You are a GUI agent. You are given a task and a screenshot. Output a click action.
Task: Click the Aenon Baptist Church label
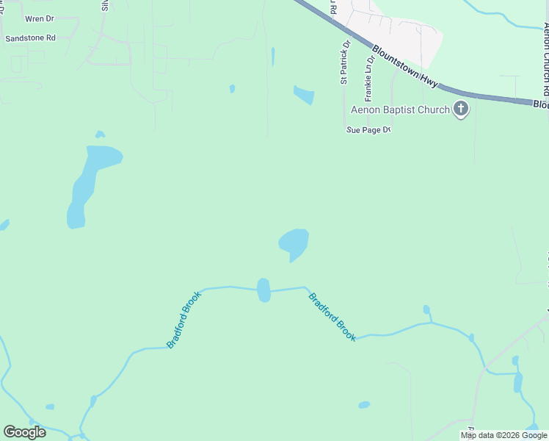(x=399, y=110)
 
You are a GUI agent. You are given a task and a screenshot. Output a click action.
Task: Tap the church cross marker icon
(x=461, y=110)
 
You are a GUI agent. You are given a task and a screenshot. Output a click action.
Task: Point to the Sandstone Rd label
(x=30, y=38)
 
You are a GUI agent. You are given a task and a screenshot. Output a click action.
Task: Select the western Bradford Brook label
(x=183, y=319)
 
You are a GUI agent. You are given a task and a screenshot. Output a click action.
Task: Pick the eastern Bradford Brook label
(x=332, y=317)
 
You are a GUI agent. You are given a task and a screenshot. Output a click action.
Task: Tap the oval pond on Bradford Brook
(x=263, y=290)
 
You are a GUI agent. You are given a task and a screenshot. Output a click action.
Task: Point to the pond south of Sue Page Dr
(x=294, y=243)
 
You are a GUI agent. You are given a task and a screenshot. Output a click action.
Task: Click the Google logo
(x=25, y=432)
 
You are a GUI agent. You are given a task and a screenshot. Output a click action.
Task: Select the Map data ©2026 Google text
(x=503, y=435)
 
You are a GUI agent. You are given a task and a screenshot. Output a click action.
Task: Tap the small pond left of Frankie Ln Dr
(x=303, y=95)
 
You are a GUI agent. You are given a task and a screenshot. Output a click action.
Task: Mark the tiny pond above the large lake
(x=100, y=135)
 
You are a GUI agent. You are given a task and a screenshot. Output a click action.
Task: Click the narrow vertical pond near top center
(x=272, y=57)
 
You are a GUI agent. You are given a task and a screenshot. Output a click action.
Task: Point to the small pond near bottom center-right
(x=364, y=405)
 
